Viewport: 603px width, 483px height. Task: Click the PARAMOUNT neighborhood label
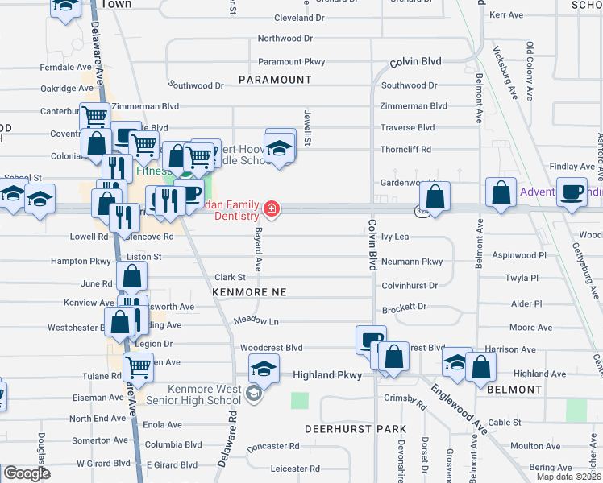coord(274,80)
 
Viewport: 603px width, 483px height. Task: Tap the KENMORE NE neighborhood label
coord(249,291)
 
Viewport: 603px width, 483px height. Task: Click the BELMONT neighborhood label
coord(514,390)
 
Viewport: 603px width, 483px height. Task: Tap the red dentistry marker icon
coord(272,210)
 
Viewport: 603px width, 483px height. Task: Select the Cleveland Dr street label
coord(299,17)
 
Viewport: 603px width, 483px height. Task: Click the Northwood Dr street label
coord(285,38)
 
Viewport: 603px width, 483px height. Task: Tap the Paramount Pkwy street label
coord(291,61)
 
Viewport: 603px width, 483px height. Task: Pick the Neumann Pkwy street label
coord(412,262)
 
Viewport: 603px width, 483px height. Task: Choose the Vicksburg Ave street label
coord(503,72)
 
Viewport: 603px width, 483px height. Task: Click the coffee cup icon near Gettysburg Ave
coord(572,192)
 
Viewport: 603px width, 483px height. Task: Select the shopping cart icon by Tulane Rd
coord(138,367)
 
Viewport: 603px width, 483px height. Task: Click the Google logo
coord(26,473)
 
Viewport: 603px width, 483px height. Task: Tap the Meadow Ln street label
coord(256,321)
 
